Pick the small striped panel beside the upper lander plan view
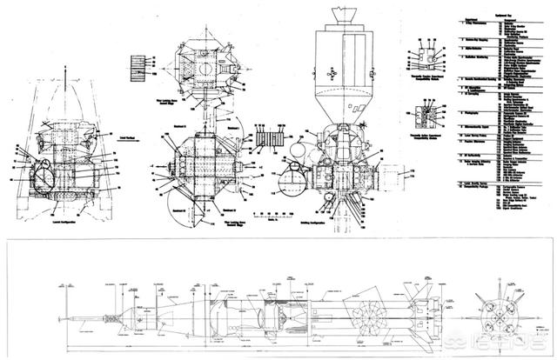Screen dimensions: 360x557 click(135, 66)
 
